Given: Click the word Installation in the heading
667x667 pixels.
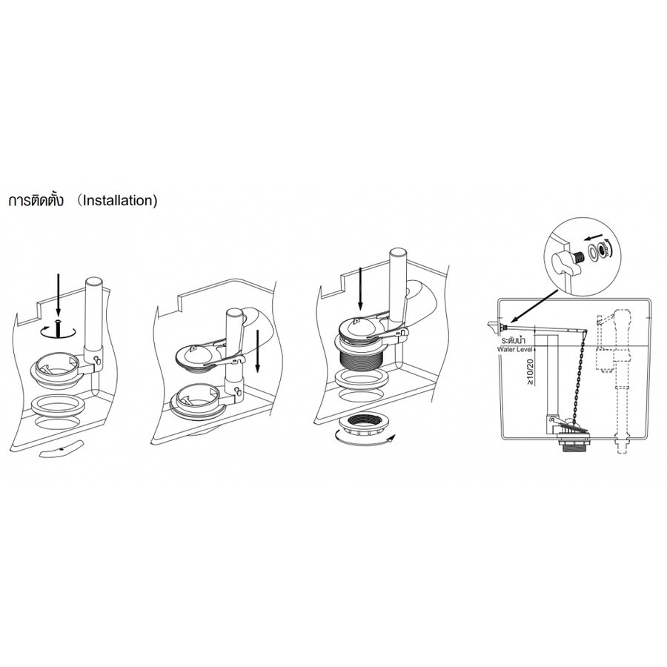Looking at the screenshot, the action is click(x=119, y=200).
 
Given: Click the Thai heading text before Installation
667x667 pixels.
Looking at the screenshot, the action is click(x=36, y=200).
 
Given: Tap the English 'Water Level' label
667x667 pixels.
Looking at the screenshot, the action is click(x=515, y=349).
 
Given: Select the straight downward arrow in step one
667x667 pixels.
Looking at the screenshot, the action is click(x=59, y=294).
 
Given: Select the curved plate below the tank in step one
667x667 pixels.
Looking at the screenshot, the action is click(x=62, y=449).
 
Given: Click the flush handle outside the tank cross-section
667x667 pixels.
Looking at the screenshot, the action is click(x=493, y=325).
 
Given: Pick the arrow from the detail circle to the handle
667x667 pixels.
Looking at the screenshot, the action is click(x=534, y=307).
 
